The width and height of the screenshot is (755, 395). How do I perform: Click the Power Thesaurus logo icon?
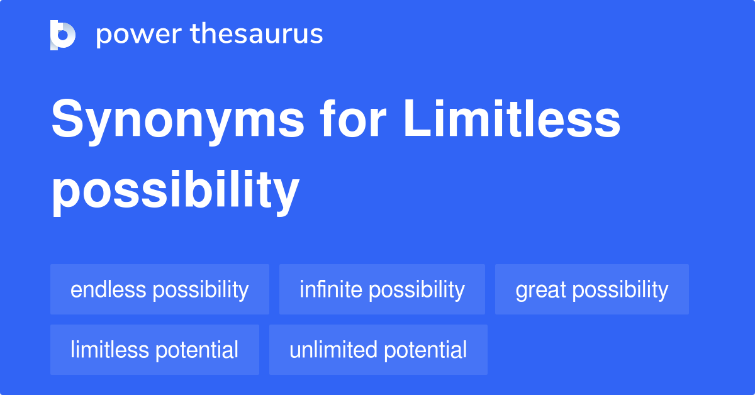pyautogui.click(x=63, y=35)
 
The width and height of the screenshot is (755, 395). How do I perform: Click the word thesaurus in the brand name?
pyautogui.click(x=257, y=34)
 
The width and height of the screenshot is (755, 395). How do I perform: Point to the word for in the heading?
pyautogui.click(x=353, y=118)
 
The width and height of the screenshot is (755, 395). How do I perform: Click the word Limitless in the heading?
pyautogui.click(x=512, y=118)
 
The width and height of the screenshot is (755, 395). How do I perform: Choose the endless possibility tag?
pyautogui.click(x=160, y=289)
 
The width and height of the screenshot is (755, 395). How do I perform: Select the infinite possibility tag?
pyautogui.click(x=383, y=289)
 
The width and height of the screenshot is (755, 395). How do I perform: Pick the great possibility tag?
pyautogui.click(x=592, y=289)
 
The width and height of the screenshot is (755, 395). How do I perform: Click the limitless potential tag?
pyautogui.click(x=155, y=350)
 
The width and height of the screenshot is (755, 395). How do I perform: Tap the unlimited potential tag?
pyautogui.click(x=379, y=350)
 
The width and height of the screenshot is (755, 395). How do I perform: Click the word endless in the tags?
pyautogui.click(x=108, y=289)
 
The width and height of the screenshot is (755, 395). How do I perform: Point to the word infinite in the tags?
pyautogui.click(x=331, y=289)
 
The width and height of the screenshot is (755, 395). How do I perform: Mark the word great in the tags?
pyautogui.click(x=540, y=291)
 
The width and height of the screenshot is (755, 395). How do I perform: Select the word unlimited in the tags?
pyautogui.click(x=333, y=350)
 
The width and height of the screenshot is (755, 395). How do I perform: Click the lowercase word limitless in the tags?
pyautogui.click(x=109, y=350)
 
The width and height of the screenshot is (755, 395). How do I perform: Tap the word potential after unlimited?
pyautogui.click(x=426, y=350)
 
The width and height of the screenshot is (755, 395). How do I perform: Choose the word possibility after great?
pyautogui.click(x=620, y=291)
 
